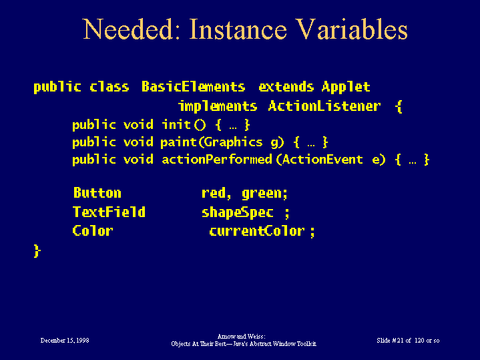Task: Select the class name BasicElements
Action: click(x=193, y=87)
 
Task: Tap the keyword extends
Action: click(x=286, y=87)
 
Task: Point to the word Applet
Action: click(x=346, y=87)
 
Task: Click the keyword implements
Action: click(x=218, y=106)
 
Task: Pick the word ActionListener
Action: click(x=324, y=106)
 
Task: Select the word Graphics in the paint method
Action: click(x=233, y=142)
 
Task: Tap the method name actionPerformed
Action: click(x=217, y=160)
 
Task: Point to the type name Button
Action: click(x=97, y=193)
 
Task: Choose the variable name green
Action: click(x=264, y=194)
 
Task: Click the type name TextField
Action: click(x=109, y=212)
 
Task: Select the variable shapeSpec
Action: click(x=237, y=212)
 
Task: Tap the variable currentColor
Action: click(x=257, y=230)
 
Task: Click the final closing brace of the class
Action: click(x=37, y=251)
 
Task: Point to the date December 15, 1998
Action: click(x=65, y=341)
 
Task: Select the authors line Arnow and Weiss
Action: click(x=241, y=337)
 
